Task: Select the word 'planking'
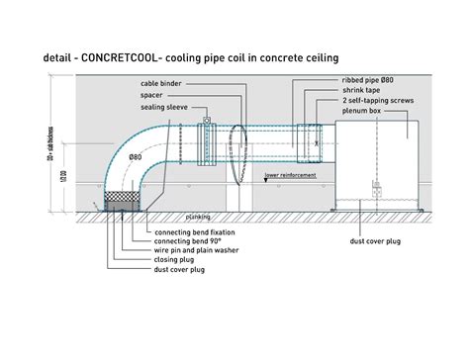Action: [199, 214]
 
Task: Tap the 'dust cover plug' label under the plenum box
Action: [389, 241]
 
